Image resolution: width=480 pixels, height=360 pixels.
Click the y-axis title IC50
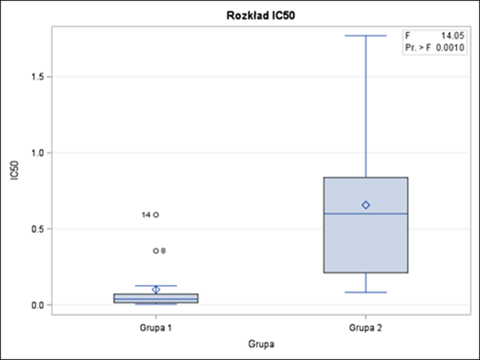coord(14,171)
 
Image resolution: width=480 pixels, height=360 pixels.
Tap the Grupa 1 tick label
coord(156,328)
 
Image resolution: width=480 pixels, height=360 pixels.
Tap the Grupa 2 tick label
coord(365,328)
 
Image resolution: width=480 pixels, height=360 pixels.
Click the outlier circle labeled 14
coord(156,215)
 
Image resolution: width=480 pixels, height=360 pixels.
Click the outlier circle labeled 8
coord(156,251)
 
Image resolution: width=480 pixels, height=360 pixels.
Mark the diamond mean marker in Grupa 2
coord(366,205)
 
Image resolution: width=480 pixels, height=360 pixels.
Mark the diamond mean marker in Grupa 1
coord(156,289)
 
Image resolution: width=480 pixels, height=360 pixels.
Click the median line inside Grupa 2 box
coord(366,213)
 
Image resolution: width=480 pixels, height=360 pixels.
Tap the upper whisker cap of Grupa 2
coord(366,36)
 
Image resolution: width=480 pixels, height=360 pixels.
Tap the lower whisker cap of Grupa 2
coord(366,292)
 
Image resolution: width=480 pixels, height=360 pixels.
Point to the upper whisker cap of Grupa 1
coord(156,285)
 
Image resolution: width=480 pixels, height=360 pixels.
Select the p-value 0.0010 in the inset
coord(453,47)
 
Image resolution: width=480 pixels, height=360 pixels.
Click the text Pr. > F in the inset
coord(420,47)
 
